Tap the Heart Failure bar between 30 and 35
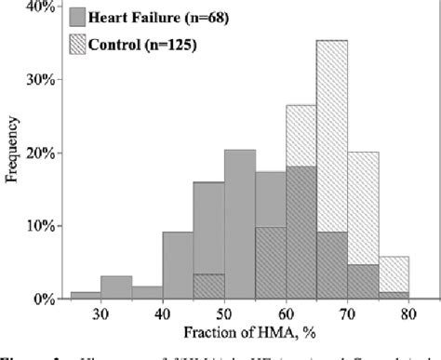click(116, 287)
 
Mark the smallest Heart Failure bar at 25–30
click(86, 296)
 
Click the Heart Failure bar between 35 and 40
click(147, 292)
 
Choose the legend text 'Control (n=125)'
click(140, 44)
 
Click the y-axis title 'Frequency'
click(14, 153)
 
